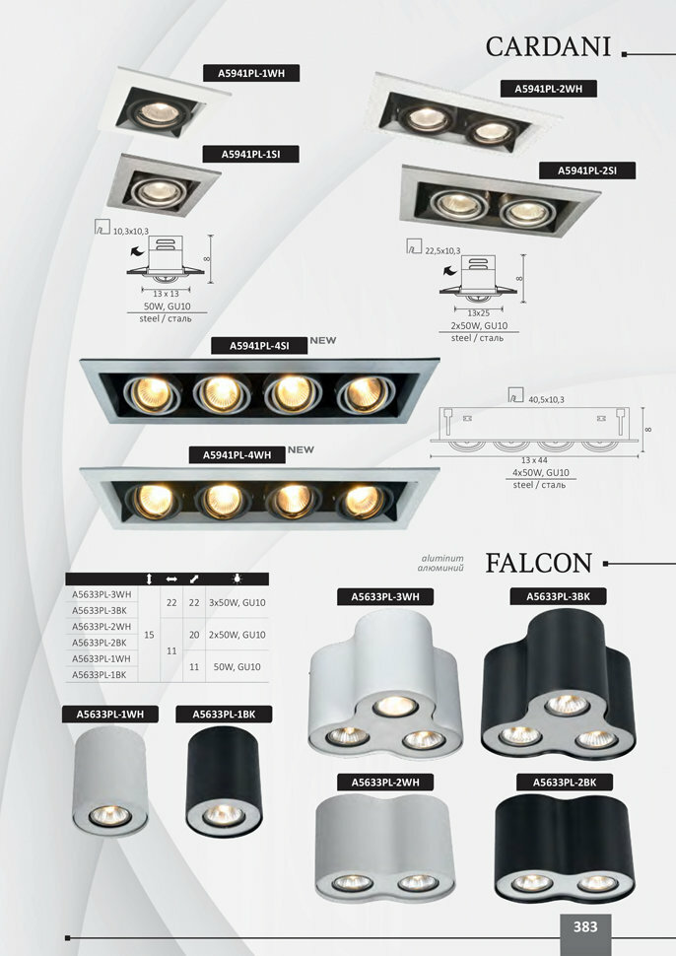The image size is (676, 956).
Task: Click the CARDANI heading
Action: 549,46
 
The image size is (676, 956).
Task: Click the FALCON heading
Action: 538,563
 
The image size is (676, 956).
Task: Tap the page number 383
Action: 585,926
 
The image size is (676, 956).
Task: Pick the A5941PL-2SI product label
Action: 586,171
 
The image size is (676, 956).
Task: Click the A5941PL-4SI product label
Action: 259,346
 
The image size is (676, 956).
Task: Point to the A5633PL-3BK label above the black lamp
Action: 558,596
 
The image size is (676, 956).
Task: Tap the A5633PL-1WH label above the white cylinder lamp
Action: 102,714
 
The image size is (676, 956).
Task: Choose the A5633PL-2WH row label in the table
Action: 102,626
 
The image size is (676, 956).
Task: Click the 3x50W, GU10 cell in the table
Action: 237,602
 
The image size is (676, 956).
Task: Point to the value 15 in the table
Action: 149,634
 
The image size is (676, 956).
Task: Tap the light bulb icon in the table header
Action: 237,580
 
